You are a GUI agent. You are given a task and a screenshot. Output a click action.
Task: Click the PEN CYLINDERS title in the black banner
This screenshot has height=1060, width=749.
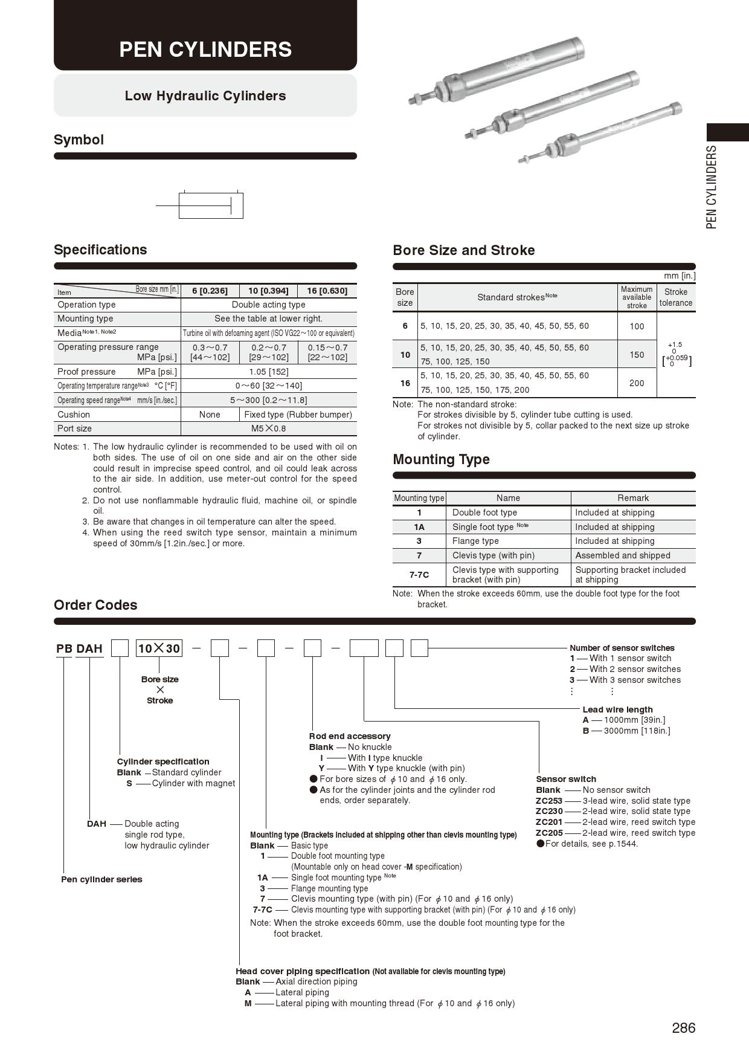(205, 49)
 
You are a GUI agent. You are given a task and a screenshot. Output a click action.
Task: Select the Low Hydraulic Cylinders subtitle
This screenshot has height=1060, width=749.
(205, 95)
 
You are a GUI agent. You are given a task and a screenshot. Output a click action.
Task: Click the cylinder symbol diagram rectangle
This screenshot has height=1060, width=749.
(211, 205)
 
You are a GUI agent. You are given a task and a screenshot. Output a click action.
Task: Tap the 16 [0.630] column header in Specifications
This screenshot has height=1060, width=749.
(327, 291)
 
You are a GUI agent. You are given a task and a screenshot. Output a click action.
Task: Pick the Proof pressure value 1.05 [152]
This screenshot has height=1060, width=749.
(269, 372)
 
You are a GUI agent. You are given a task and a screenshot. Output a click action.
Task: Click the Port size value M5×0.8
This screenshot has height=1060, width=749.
(269, 428)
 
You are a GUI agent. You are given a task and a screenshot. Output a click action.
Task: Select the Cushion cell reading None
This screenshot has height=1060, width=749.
(210, 415)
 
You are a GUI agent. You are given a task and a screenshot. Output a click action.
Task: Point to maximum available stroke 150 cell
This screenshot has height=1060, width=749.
(637, 355)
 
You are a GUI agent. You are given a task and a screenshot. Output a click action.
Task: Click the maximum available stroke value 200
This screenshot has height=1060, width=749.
(637, 383)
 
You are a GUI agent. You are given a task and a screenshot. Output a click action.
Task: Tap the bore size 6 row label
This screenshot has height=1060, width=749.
(405, 326)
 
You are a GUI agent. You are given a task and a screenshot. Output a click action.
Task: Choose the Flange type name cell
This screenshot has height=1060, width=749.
(475, 541)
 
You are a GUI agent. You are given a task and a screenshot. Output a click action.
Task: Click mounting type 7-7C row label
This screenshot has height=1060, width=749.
(419, 575)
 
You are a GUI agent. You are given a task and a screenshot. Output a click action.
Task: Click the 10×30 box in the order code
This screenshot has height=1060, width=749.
(159, 648)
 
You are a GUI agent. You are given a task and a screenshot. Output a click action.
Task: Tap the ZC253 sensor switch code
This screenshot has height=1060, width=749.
(549, 801)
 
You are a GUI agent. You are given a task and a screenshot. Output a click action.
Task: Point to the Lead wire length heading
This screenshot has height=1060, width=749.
(617, 709)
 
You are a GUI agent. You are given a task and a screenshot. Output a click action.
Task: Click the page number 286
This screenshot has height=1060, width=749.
(683, 1028)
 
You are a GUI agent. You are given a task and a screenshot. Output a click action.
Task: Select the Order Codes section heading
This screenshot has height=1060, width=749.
(95, 605)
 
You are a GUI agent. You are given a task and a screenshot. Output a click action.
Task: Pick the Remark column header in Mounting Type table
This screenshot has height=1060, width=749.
(633, 498)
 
